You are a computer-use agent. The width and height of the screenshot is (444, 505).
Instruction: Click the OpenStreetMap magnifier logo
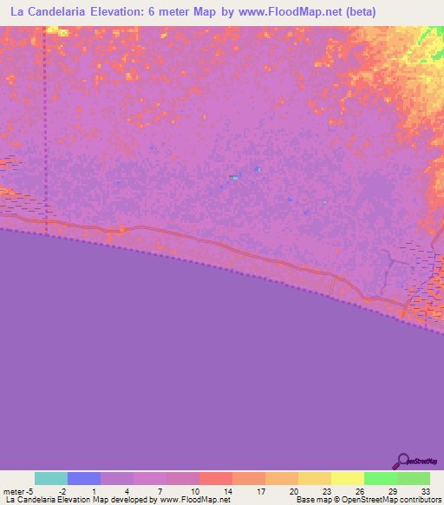[x=402, y=462]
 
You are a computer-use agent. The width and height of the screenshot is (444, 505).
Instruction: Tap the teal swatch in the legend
[x=50, y=478]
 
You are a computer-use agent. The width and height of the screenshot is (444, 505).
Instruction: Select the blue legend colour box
[x=83, y=478]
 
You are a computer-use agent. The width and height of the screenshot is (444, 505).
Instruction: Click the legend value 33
[x=426, y=490]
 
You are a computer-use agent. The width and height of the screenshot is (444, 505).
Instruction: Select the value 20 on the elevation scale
[x=295, y=490]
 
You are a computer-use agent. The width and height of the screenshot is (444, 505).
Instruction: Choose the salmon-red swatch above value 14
[x=215, y=478]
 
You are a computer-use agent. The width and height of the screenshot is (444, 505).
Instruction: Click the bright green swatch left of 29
[x=381, y=478]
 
